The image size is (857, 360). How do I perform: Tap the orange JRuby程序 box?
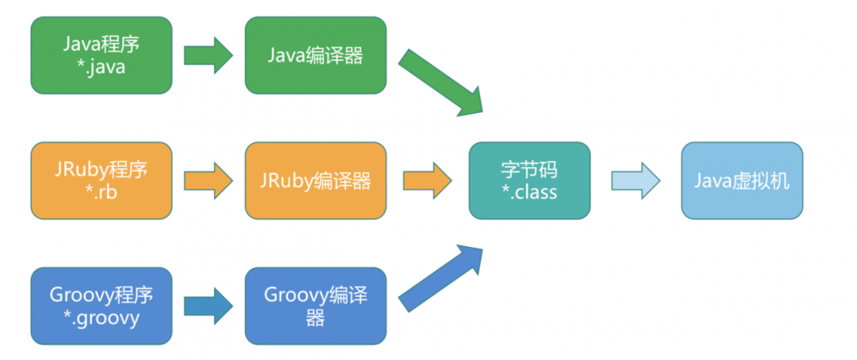pos(101,180)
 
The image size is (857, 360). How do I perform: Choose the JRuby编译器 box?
pos(315,180)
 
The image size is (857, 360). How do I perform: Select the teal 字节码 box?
pos(529,180)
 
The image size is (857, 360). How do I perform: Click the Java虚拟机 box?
pos(743,180)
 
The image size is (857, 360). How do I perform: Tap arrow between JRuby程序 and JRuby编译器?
pos(208,180)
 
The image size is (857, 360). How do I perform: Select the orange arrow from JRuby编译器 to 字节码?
pos(427,180)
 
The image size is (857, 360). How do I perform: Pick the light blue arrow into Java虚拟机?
pos(634,180)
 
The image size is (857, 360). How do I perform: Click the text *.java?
pos(101,68)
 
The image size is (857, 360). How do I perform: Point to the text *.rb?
pos(101,192)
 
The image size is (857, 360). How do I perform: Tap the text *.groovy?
pos(101,318)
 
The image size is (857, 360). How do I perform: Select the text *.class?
pos(529,192)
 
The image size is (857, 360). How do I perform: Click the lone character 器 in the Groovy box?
pos(315,318)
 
